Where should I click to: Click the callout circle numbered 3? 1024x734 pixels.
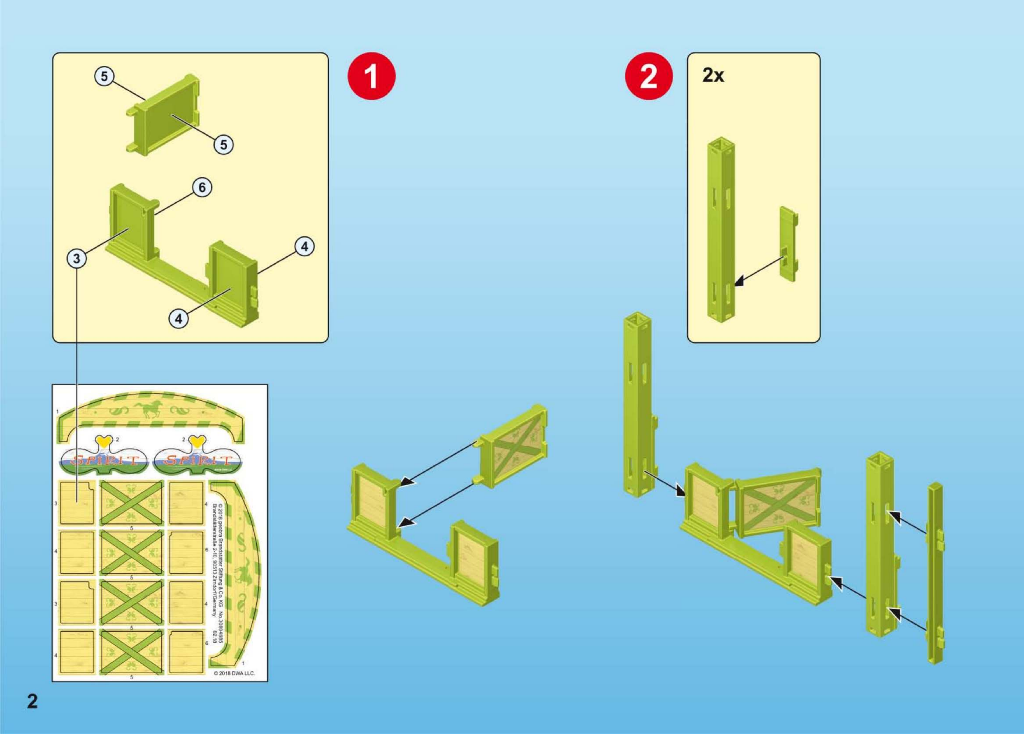[77, 259]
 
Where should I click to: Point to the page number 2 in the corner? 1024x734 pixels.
[32, 701]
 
